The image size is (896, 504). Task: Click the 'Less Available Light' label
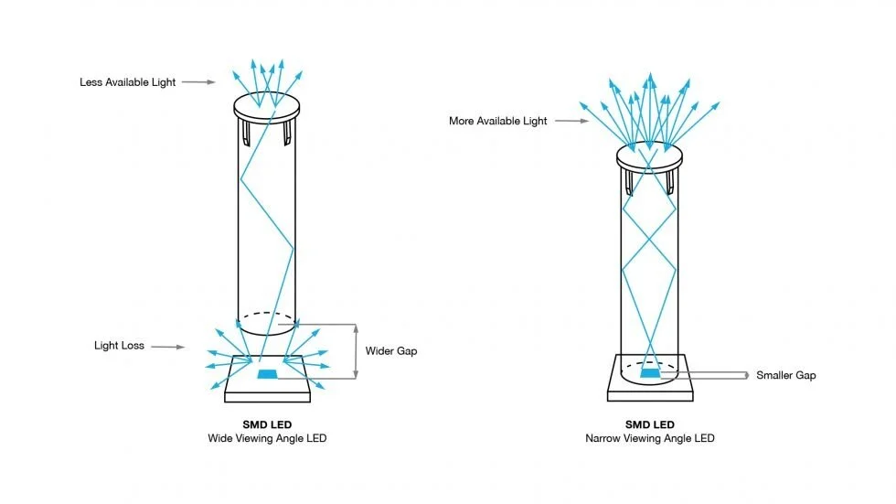[x=127, y=82]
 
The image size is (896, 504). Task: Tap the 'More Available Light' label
[x=497, y=121]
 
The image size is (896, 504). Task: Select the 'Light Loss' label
[x=119, y=346]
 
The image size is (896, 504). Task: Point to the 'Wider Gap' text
[x=390, y=350]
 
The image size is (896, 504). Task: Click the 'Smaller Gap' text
[x=786, y=375]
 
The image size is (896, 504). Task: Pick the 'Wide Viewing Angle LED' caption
[x=267, y=439]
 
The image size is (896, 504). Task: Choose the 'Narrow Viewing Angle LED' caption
[x=650, y=439]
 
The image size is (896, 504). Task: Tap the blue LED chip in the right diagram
[x=650, y=372]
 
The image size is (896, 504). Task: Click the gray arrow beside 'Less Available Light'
[x=197, y=82]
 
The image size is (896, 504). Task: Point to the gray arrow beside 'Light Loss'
[x=167, y=347]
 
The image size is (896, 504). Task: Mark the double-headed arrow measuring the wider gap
[x=356, y=351]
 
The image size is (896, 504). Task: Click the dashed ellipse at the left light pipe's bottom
[x=266, y=323]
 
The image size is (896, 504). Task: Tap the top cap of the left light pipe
[x=267, y=106]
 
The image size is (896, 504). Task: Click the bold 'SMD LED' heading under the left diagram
[x=267, y=424]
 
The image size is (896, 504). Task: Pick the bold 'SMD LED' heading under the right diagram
[x=650, y=424]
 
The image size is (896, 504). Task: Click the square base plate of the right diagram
[x=650, y=388]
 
